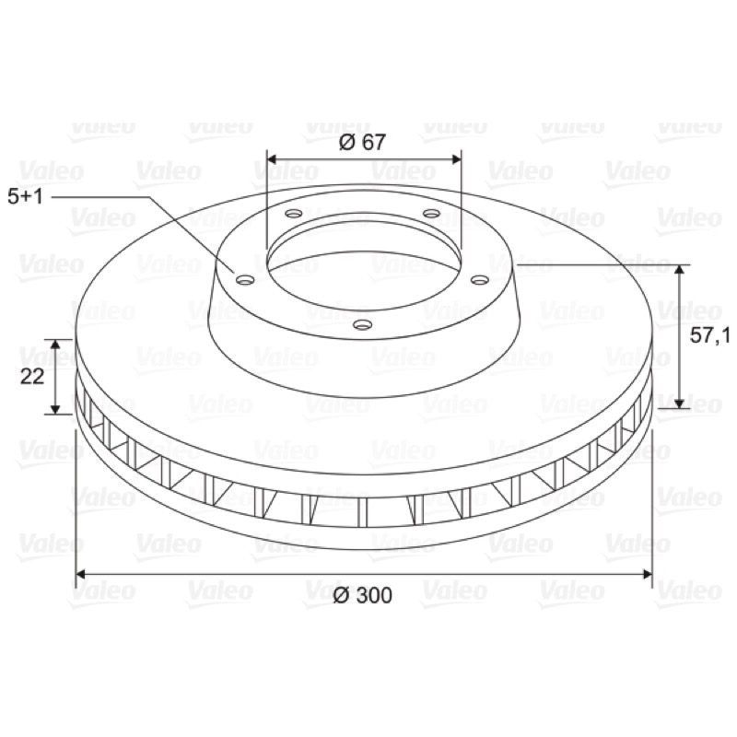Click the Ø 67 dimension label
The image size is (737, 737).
362,142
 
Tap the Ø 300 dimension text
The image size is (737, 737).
362,595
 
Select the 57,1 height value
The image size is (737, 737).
709,335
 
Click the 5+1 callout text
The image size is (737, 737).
26,196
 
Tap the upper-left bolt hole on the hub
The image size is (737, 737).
294,214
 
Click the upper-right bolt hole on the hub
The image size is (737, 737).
431,214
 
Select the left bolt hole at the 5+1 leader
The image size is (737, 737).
245,281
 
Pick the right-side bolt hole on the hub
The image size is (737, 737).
480,280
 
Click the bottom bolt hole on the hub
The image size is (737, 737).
362,324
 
